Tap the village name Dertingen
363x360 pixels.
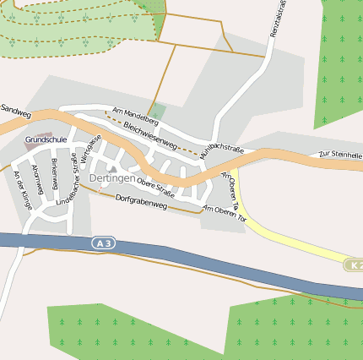coord(112,179)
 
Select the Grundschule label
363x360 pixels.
coord(46,139)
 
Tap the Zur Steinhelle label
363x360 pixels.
coord(339,155)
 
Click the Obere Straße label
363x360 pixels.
coord(155,188)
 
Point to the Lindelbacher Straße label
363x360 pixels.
coord(68,185)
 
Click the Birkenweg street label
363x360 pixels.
coord(54,172)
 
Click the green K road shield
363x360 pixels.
coord(355,265)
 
